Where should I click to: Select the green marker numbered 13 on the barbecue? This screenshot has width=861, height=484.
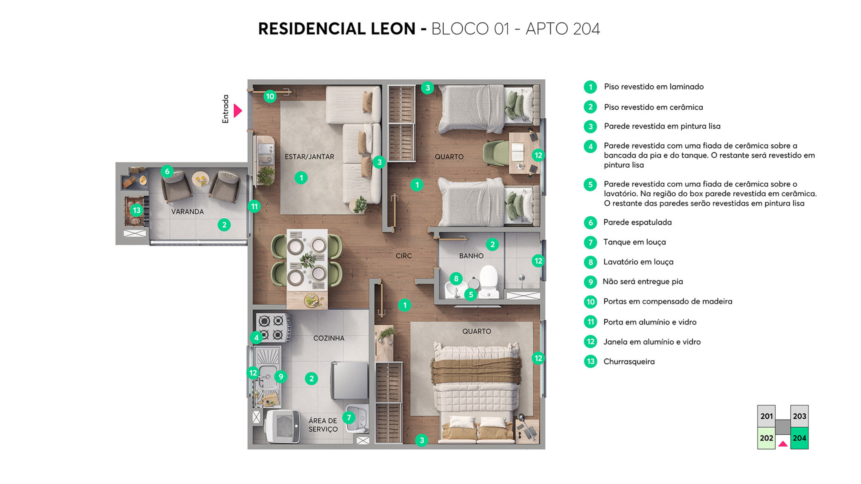(136, 210)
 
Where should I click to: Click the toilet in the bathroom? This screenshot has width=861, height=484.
(489, 281)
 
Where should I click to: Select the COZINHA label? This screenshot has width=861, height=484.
(329, 338)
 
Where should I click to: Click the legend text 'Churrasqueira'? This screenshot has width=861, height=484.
(629, 361)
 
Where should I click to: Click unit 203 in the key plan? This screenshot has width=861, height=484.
(799, 416)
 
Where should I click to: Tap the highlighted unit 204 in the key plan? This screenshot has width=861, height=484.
(799, 438)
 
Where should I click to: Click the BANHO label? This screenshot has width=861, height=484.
(471, 256)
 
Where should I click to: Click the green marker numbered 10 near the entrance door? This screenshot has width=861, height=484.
(270, 97)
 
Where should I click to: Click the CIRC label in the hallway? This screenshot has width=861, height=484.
(403, 256)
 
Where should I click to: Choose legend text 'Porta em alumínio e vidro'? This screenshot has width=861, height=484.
(649, 322)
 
